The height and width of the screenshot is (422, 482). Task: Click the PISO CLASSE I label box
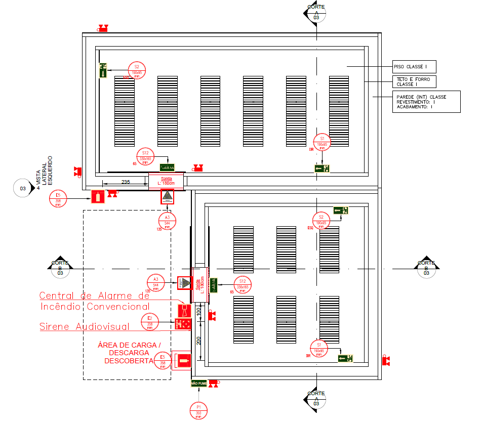click(414, 67)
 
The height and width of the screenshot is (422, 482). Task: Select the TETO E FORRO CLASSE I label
click(414, 81)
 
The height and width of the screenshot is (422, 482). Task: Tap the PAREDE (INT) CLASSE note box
click(426, 102)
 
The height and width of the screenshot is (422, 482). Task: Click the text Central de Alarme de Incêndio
click(94, 301)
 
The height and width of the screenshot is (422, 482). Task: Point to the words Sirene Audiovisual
click(84, 327)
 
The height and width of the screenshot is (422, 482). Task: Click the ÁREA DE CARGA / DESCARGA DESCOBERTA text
click(129, 353)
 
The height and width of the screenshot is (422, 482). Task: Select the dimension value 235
click(127, 182)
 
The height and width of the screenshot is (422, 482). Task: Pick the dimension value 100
click(198, 312)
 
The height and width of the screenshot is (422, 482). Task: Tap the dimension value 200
click(198, 340)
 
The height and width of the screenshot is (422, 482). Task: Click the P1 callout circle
click(199, 410)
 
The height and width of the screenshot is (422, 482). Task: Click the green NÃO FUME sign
click(198, 383)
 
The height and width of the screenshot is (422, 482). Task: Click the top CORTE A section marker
click(316, 12)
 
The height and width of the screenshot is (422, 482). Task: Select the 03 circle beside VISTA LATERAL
click(23, 188)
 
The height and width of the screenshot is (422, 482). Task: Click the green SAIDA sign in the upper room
click(167, 167)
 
